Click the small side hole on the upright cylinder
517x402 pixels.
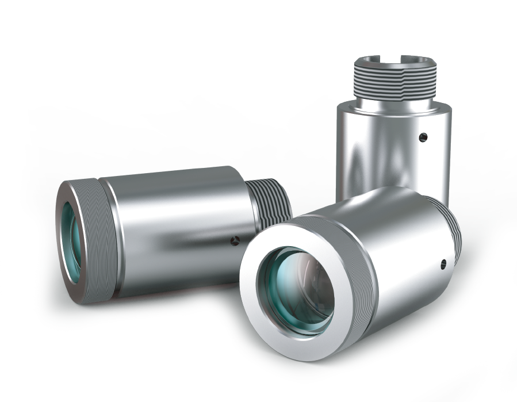423,136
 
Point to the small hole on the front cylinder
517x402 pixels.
443,265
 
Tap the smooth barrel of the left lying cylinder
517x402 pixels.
173,230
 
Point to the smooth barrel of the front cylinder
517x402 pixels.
403,253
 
